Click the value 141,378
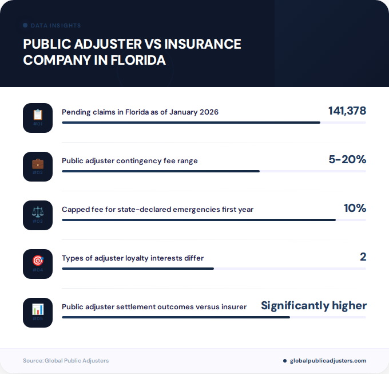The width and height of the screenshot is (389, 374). pyautogui.click(x=347, y=111)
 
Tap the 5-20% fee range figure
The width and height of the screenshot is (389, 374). pyautogui.click(x=347, y=159)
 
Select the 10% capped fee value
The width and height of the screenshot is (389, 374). pyautogui.click(x=355, y=208)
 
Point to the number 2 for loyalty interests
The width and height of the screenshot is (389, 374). pyautogui.click(x=363, y=257)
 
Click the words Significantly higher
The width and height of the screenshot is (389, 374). pyautogui.click(x=313, y=305)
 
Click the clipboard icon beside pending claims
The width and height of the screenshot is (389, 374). pyautogui.click(x=38, y=115)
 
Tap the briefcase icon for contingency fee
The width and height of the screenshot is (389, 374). pyautogui.click(x=38, y=163)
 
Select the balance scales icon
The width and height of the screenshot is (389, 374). pyautogui.click(x=38, y=212)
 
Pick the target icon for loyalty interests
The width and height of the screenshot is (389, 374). pyautogui.click(x=38, y=261)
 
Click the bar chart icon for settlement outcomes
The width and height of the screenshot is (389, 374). pyautogui.click(x=38, y=309)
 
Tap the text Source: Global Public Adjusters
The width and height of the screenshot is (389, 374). pyautogui.click(x=66, y=360)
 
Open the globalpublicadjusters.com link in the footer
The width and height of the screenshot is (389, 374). pyautogui.click(x=328, y=360)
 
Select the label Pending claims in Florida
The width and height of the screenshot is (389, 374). pyautogui.click(x=140, y=112)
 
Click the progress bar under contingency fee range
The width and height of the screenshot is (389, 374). pyautogui.click(x=161, y=171)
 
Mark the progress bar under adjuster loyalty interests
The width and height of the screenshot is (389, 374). pyautogui.click(x=138, y=269)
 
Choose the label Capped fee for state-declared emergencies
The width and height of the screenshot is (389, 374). pyautogui.click(x=157, y=209)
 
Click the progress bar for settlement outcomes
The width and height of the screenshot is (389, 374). pyautogui.click(x=176, y=317)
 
